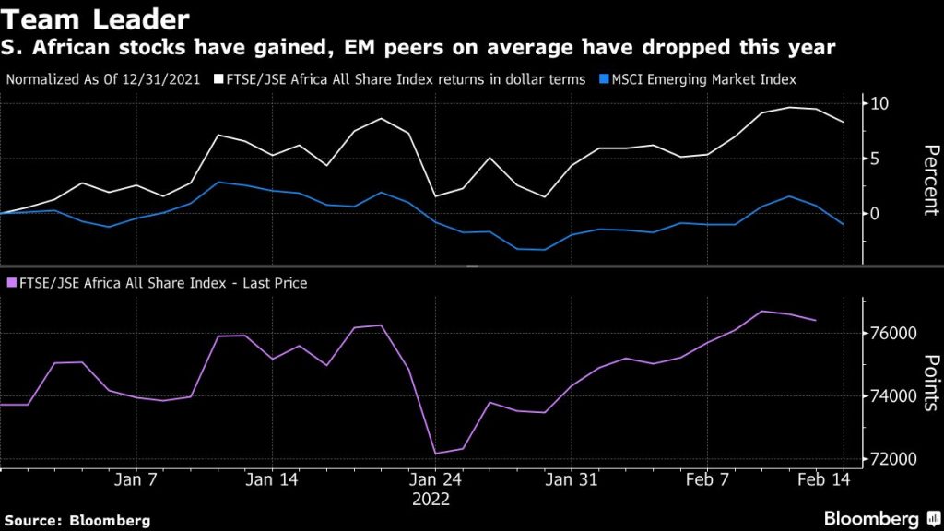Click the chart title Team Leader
96,18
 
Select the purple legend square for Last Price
11,284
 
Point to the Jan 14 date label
274,479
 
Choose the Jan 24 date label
434,479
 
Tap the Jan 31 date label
572,479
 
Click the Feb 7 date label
708,479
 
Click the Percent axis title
929,180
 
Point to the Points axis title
929,382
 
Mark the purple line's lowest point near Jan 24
435,454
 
